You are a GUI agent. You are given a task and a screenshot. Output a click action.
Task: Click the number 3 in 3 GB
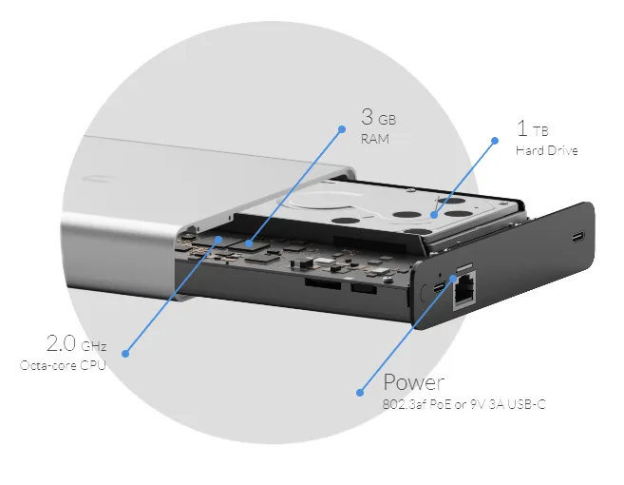click(368, 119)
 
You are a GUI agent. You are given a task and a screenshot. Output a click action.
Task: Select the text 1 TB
click(531, 128)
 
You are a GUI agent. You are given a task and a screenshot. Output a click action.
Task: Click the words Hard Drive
click(546, 150)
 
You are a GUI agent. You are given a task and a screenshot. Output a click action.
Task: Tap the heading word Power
click(413, 382)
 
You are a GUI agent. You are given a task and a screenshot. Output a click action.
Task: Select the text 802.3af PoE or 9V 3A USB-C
click(463, 405)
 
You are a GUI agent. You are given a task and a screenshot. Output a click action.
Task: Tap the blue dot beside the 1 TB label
click(494, 141)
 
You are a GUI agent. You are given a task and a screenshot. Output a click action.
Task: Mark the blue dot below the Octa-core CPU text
click(124, 354)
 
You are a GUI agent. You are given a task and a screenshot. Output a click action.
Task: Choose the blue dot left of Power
click(360, 391)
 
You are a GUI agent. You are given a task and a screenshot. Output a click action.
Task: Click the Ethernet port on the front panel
click(465, 295)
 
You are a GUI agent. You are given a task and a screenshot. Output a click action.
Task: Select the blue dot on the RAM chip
click(249, 244)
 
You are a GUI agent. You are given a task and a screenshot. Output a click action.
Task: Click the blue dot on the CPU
click(218, 239)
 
